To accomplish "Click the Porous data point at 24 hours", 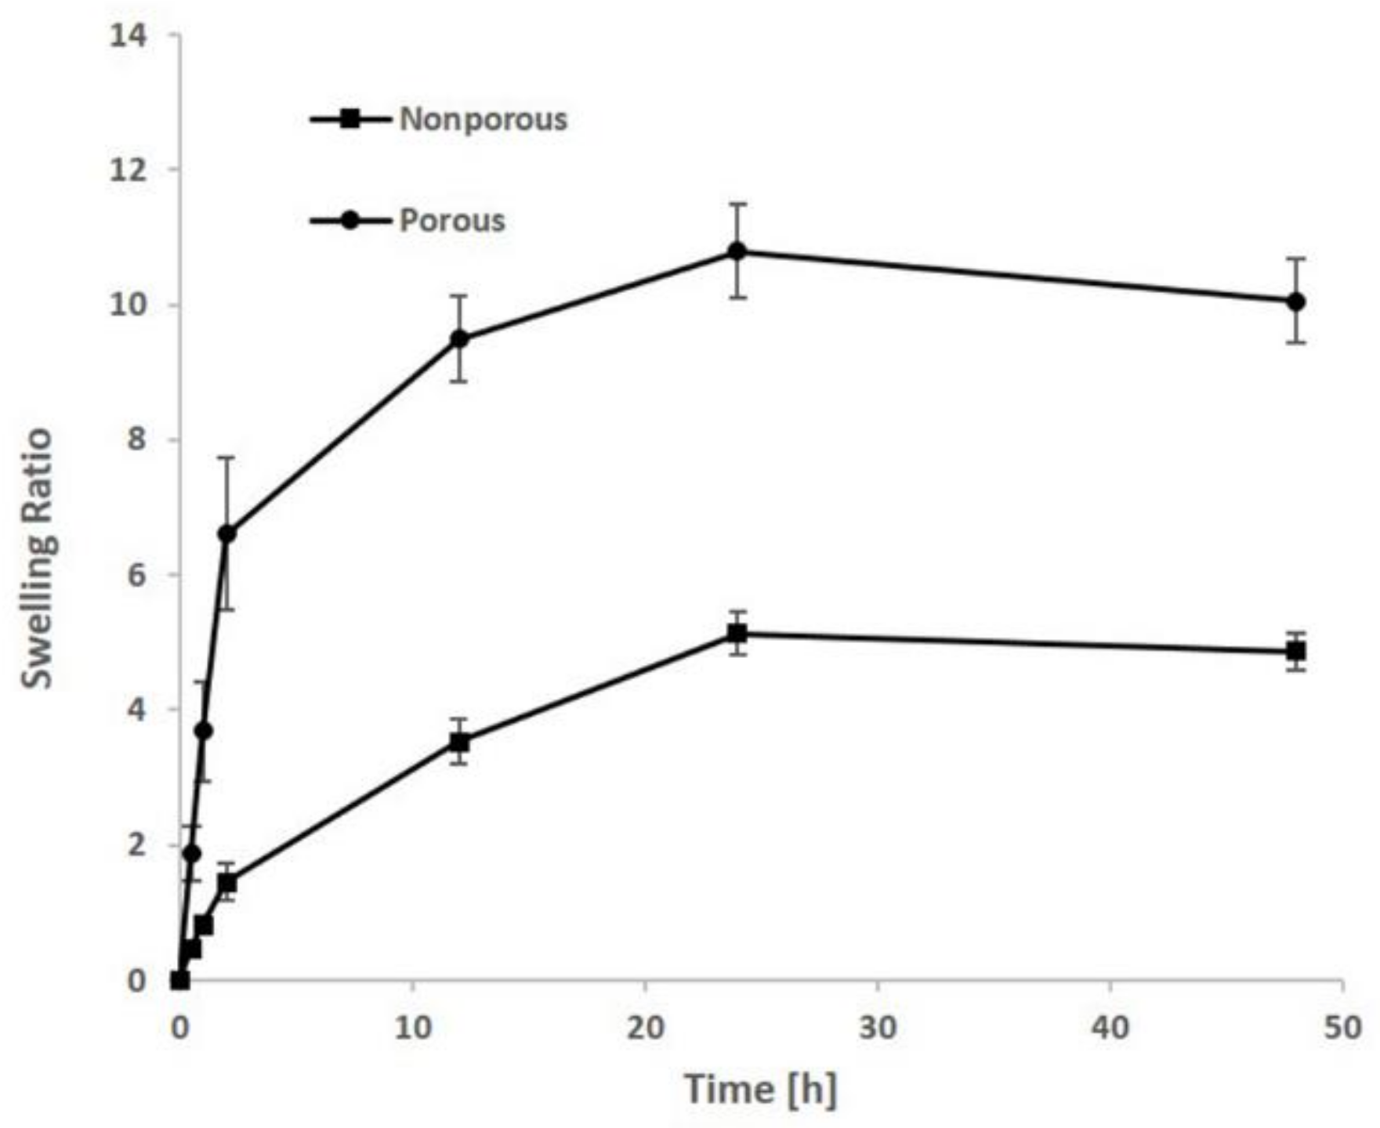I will coord(737,251).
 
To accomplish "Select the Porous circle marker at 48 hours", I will coord(1296,302).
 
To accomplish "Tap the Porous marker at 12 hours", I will coord(459,338).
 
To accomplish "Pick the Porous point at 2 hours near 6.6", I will coord(226,533).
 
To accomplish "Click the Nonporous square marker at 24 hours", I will coord(737,633).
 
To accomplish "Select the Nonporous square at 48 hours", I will coord(1296,651).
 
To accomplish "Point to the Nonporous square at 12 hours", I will coord(459,741).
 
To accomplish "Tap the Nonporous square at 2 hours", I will coord(226,883).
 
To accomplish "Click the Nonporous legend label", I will coord(483,119).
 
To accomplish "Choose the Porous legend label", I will coord(452,220).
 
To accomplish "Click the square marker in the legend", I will coord(350,120).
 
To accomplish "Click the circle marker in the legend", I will coord(350,221).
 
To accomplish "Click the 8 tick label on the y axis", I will coord(136,439).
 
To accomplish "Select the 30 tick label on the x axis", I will coord(877,1028).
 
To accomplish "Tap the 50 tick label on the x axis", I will coord(1342,1028).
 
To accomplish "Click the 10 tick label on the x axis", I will coord(412,1028).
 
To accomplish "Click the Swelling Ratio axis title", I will coord(36,558).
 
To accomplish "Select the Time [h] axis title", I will coord(760,1090).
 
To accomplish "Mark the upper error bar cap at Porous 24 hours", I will coord(737,204).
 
